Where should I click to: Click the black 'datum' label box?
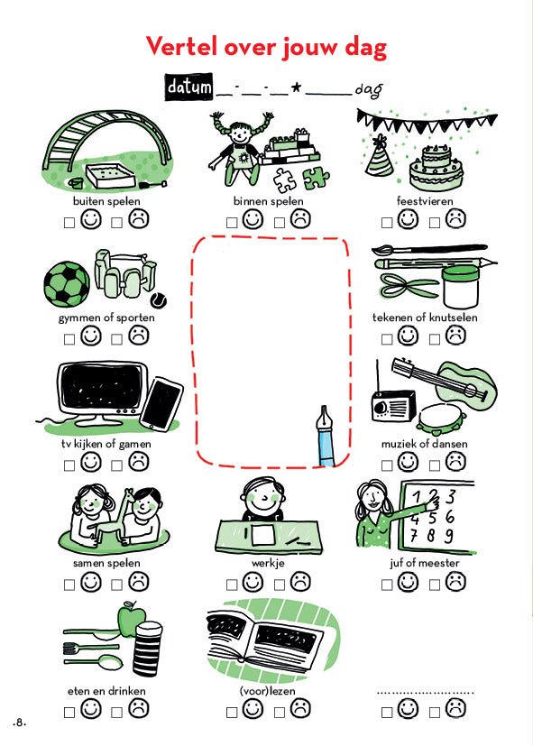188,87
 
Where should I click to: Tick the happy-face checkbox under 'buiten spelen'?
69,223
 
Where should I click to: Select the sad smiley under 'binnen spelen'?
300,219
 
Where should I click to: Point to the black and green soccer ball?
67,284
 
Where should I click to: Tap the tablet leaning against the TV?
161,404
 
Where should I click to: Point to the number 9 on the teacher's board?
448,536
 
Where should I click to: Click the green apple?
132,620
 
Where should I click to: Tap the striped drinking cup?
148,649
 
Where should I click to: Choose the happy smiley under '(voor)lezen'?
253,708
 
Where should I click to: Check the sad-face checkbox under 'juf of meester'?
435,585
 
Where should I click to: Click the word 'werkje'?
268,563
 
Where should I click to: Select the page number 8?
20,723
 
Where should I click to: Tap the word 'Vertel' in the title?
181,46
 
